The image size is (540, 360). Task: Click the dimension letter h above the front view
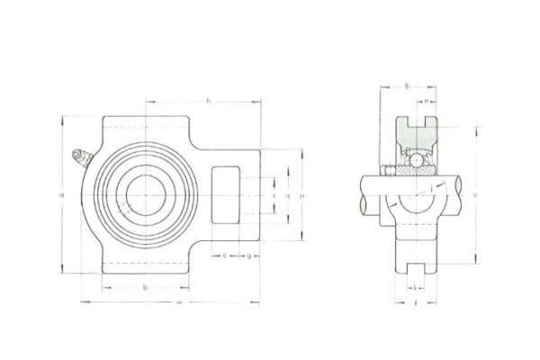coord(209,100)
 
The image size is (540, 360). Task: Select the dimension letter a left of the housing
coord(60,193)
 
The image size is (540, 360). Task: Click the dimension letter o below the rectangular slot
coord(223,256)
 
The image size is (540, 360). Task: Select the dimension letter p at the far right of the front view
coord(301,193)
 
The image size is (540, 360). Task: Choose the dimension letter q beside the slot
coord(286,193)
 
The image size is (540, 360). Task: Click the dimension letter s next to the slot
coord(273,193)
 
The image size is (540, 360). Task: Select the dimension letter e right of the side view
coord(474,193)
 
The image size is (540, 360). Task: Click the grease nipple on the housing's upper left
coord(79,159)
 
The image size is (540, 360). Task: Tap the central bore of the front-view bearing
coord(144,193)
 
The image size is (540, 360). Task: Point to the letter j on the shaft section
coord(432,186)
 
